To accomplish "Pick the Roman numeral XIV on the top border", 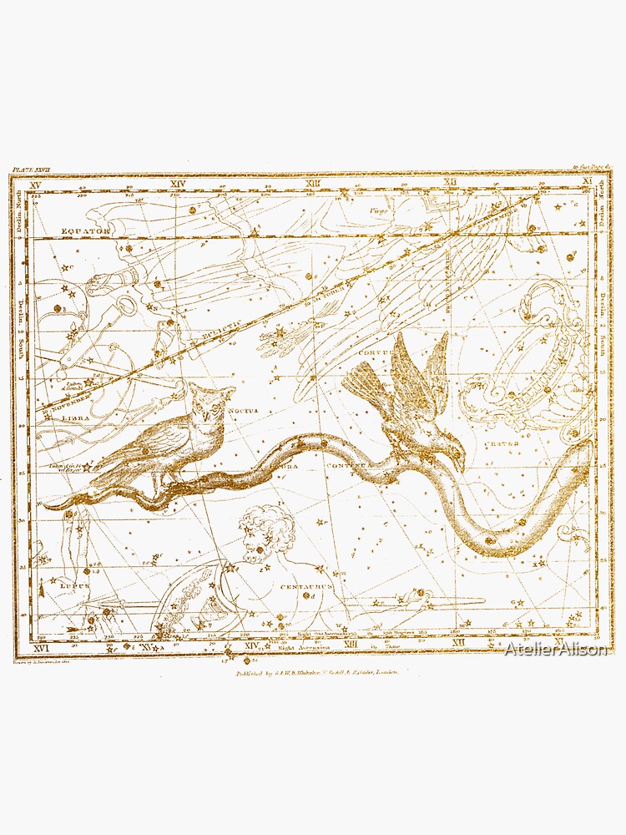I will [177, 183].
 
